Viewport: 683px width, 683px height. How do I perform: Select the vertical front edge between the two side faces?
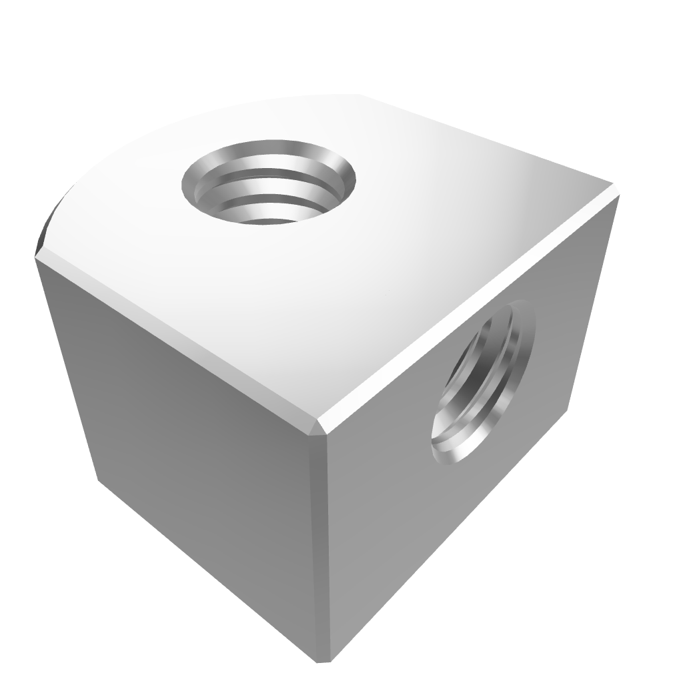pyautogui.click(x=323, y=547)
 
